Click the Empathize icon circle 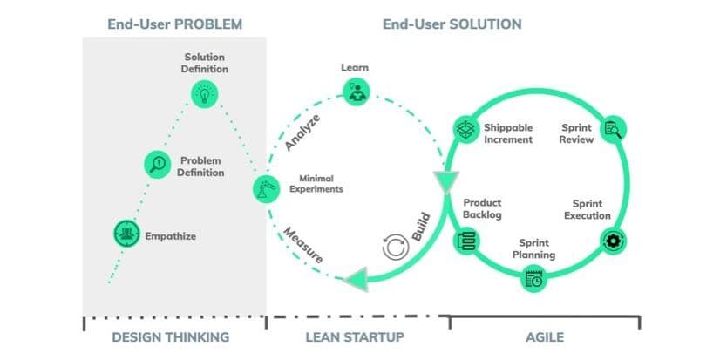click(x=127, y=233)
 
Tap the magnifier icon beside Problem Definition click(x=158, y=163)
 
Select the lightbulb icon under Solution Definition click(x=205, y=93)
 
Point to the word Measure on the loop click(x=303, y=245)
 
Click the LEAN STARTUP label click(x=357, y=337)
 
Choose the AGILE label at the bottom click(x=545, y=337)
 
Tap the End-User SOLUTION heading click(x=452, y=24)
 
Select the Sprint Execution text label click(x=587, y=210)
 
